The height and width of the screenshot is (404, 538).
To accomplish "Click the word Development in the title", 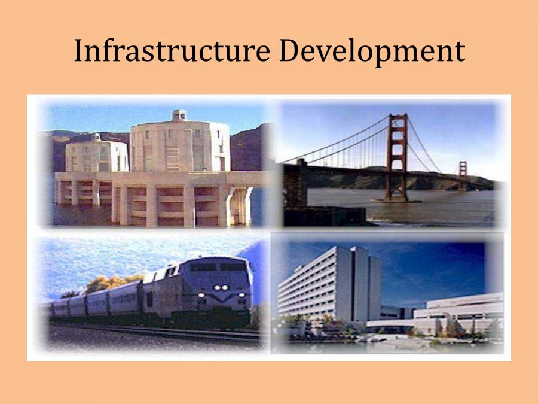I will [x=371, y=51].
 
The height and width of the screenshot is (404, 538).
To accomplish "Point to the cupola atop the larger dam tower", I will [x=179, y=115].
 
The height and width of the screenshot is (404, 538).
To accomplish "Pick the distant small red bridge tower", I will [x=462, y=174].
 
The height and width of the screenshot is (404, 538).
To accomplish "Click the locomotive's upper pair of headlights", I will [x=221, y=287].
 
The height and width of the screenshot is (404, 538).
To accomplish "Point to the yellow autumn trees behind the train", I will [x=114, y=283].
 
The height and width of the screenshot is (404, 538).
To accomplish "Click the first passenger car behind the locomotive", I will [x=123, y=299].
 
